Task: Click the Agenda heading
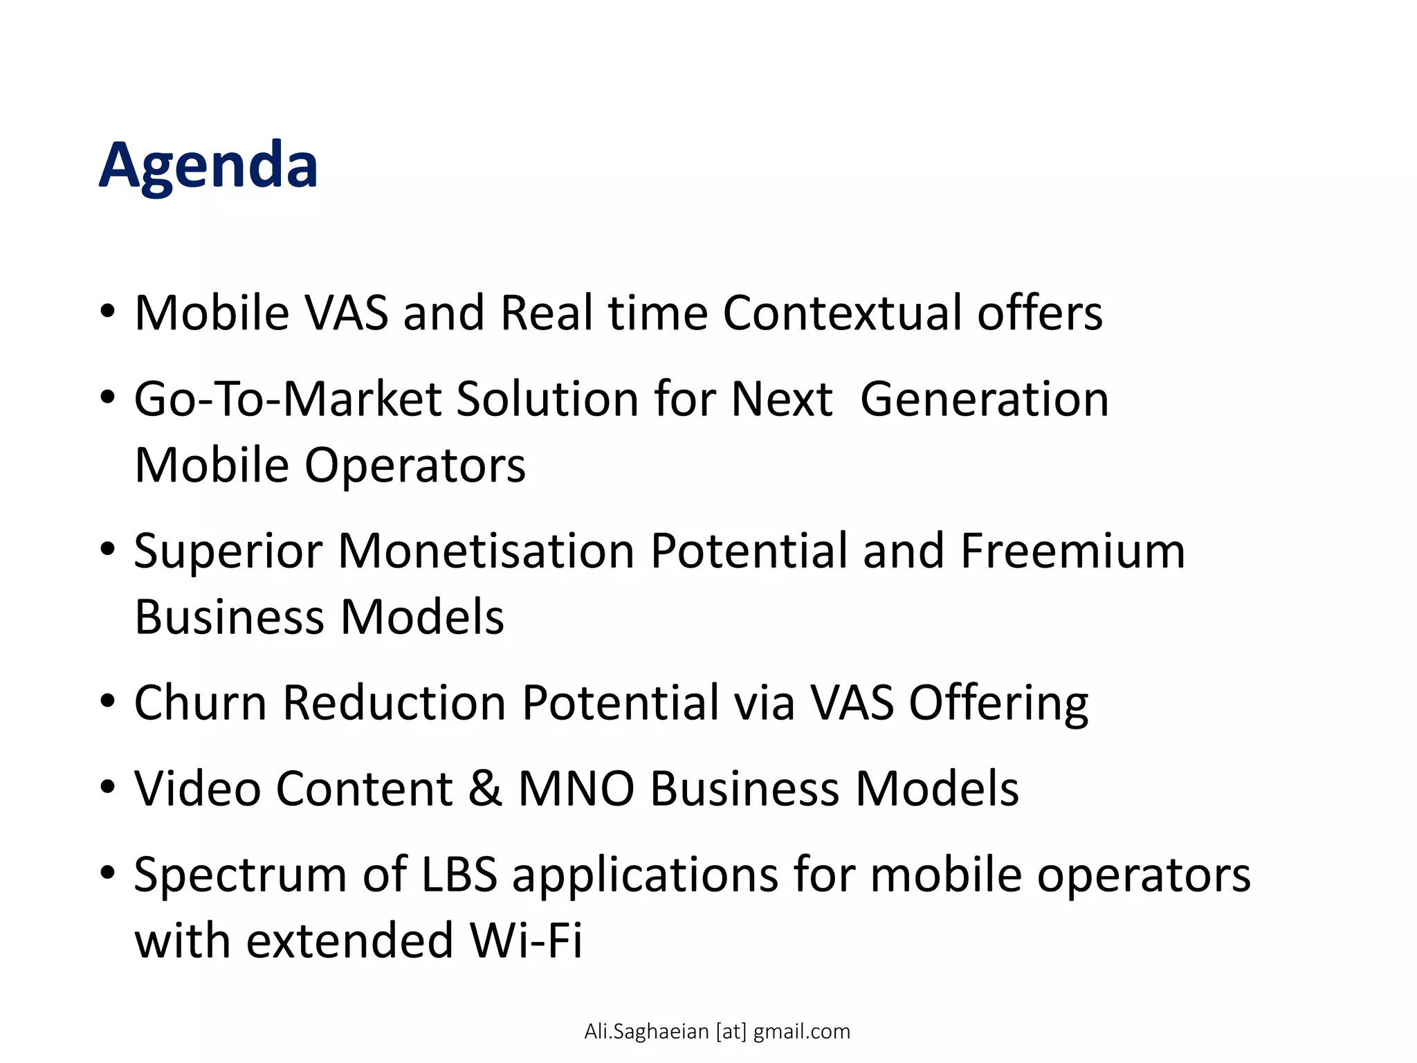208,165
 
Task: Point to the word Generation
984,399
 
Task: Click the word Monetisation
486,551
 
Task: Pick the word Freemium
1072,551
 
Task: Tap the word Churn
201,703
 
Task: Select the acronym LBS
459,874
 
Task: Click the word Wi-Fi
526,941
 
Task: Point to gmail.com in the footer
801,1032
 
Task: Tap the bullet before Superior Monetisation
107,549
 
